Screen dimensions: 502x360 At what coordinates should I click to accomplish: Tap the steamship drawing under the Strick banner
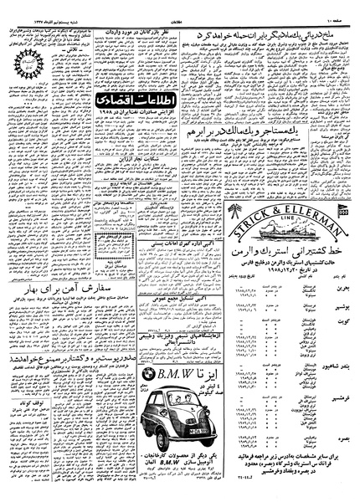tap(272, 200)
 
